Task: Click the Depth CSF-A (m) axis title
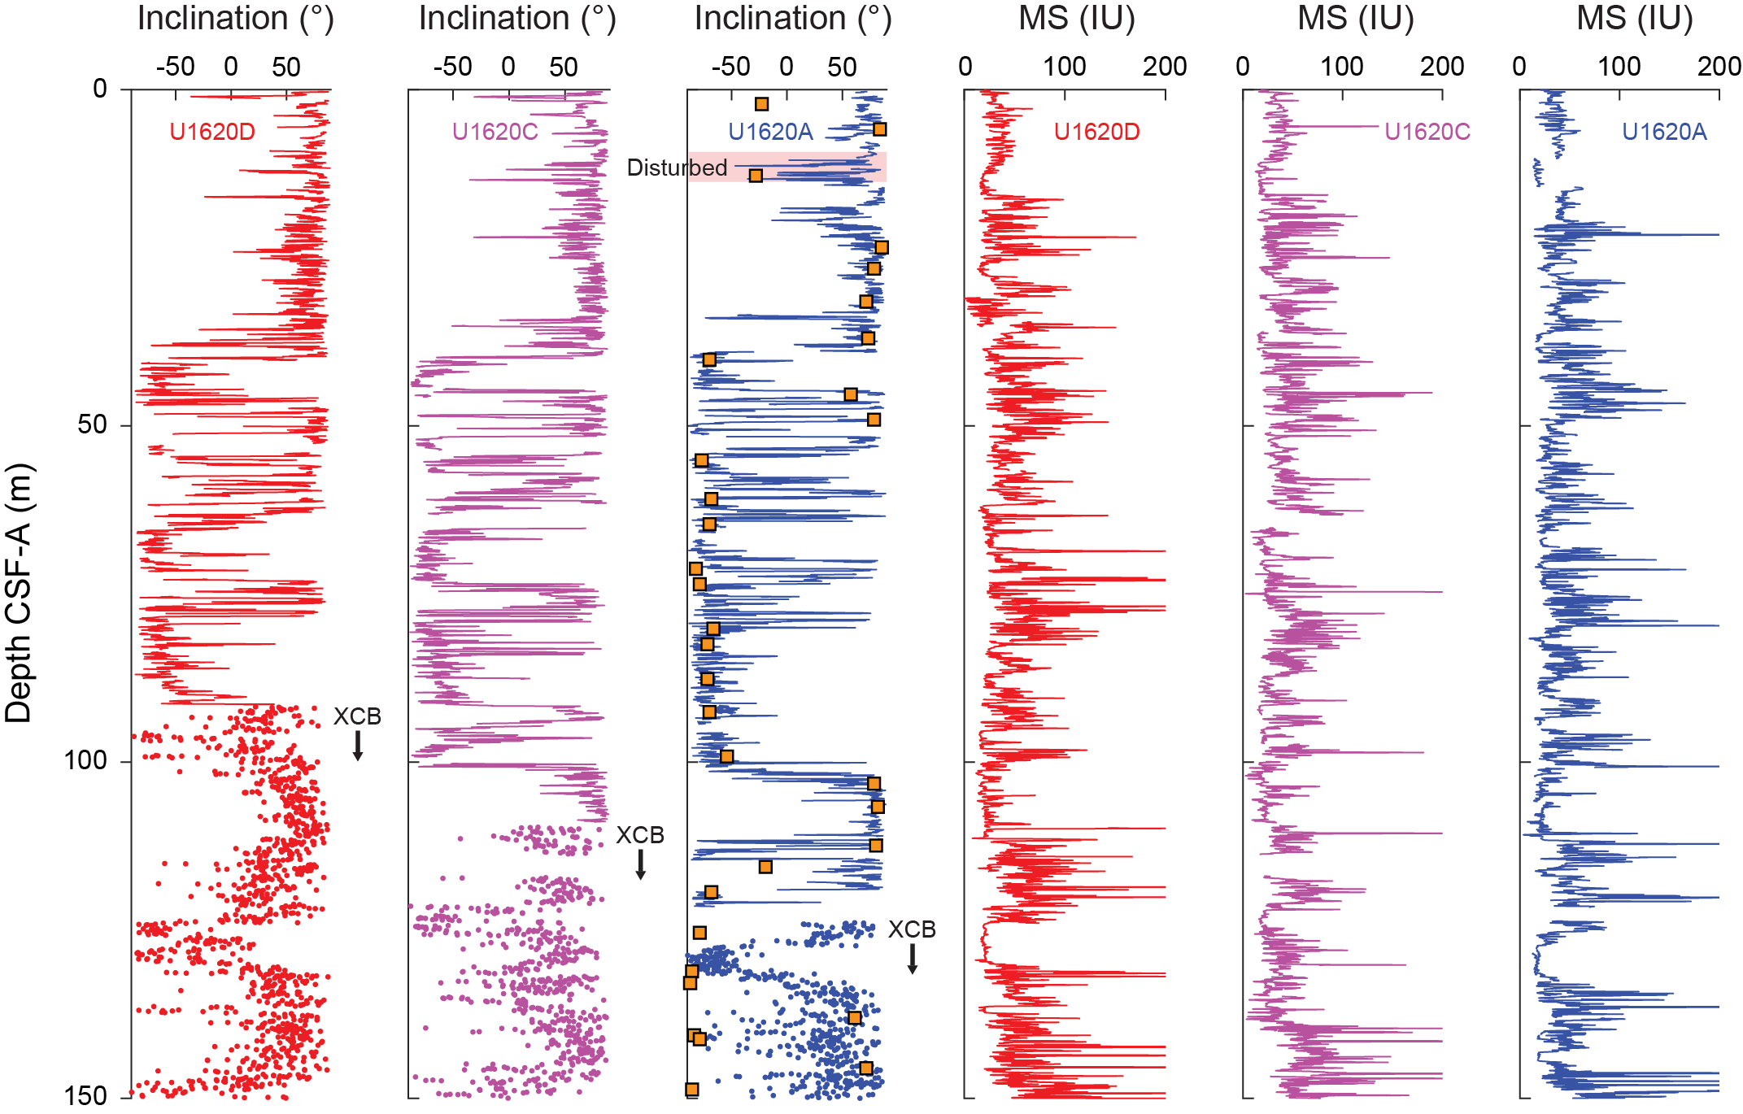(x=18, y=593)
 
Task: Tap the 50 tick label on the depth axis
(x=92, y=424)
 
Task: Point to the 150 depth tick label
(x=86, y=1095)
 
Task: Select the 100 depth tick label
(x=86, y=760)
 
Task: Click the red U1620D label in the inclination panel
(x=212, y=132)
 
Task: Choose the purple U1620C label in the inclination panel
(x=495, y=132)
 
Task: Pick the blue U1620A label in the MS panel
(x=1663, y=132)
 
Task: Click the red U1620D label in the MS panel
(x=1096, y=132)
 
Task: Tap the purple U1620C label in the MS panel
(x=1427, y=132)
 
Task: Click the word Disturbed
(x=677, y=168)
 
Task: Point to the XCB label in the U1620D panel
(x=357, y=716)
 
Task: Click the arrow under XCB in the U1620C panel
(x=641, y=864)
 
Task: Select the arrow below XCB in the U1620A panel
(x=913, y=959)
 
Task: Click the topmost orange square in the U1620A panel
(x=761, y=104)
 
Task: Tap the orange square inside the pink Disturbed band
(x=756, y=176)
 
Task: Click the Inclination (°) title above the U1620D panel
(x=236, y=18)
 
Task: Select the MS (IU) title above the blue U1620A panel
(x=1634, y=18)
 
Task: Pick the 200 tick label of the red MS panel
(x=1164, y=67)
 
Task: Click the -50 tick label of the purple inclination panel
(x=452, y=67)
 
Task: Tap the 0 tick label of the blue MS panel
(x=1519, y=67)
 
